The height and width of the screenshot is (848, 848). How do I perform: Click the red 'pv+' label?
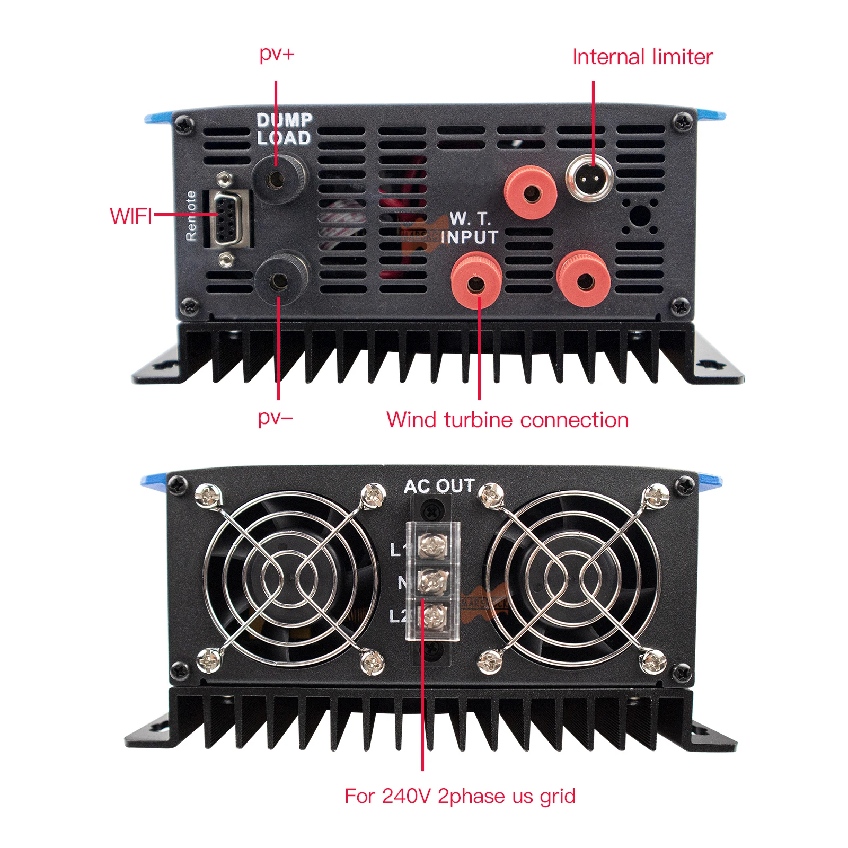point(277,54)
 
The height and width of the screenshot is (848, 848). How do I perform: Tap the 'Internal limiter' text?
point(642,57)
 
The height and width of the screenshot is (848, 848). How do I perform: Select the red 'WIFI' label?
point(131,216)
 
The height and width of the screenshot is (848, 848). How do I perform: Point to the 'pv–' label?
point(275,418)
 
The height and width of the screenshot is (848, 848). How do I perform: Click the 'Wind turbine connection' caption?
point(507,420)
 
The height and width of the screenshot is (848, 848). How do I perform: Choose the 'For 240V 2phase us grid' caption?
point(460,796)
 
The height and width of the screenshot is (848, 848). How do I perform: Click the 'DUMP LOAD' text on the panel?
point(285,129)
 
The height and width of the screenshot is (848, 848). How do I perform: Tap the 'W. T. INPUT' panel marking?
point(470,228)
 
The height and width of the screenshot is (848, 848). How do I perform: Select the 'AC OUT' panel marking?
point(439,486)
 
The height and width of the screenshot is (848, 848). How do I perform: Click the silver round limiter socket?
point(589,178)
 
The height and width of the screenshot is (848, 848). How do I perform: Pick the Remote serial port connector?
point(229,218)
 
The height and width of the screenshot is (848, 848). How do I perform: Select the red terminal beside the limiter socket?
point(530,192)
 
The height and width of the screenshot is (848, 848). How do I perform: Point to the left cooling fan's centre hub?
point(290,579)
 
